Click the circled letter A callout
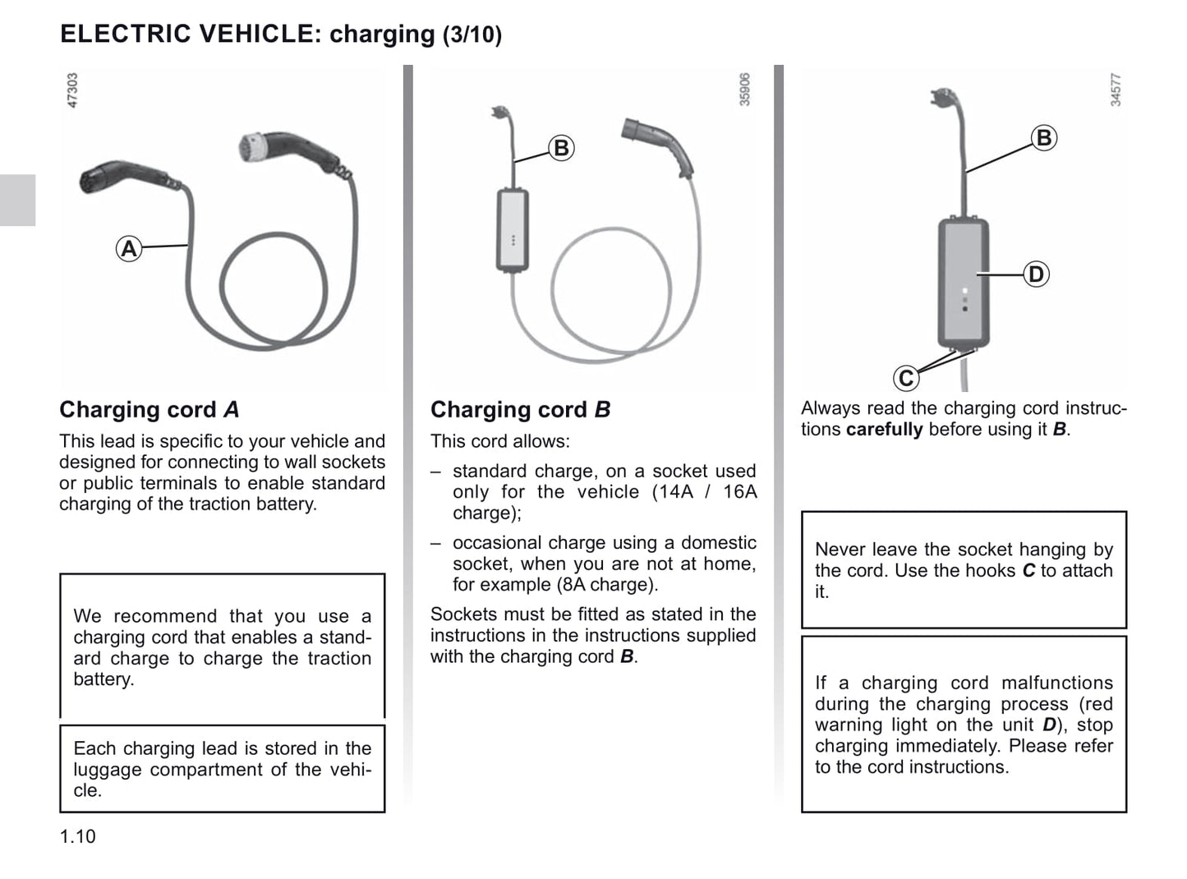point(129,249)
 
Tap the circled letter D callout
point(1036,274)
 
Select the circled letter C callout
point(906,378)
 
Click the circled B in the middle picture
point(561,148)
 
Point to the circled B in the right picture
point(1044,137)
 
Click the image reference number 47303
point(72,90)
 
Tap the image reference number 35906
point(744,90)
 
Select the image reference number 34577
point(1116,90)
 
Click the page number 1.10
point(77,837)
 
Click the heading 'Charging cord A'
point(150,410)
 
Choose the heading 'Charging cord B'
point(520,410)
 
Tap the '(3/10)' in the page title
point(472,35)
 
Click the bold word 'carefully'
point(885,430)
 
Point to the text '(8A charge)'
point(607,585)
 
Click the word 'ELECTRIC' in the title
point(126,33)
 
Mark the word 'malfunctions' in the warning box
point(1057,683)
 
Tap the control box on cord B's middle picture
point(513,230)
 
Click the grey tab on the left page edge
point(17,200)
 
